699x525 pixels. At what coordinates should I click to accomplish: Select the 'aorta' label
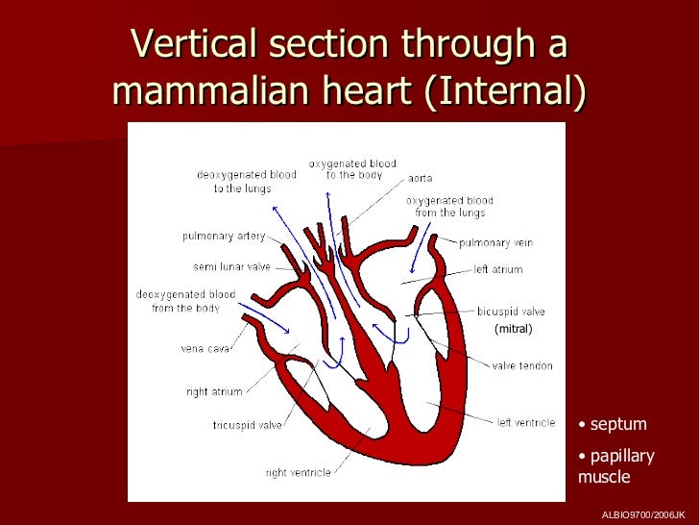coord(420,178)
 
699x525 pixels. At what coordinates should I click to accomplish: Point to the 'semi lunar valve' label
coord(231,266)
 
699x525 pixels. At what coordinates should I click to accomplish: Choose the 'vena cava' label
coord(205,348)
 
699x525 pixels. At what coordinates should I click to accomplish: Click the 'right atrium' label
coord(214,391)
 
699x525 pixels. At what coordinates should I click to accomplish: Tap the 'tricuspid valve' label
coord(219,425)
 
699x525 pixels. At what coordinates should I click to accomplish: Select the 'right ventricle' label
coord(298,472)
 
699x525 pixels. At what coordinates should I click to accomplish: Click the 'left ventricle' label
coord(525,422)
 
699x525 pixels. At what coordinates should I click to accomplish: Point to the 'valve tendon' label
coord(522,365)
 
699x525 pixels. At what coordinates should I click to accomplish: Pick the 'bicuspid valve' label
coord(511,312)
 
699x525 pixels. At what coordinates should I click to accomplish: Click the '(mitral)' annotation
coord(513,329)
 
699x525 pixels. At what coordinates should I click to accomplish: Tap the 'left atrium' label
coord(498,270)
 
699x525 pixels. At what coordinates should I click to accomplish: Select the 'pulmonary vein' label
coord(495,243)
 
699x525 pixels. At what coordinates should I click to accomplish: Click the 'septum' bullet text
coord(617,424)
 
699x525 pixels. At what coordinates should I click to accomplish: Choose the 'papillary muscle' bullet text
coord(615,465)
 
